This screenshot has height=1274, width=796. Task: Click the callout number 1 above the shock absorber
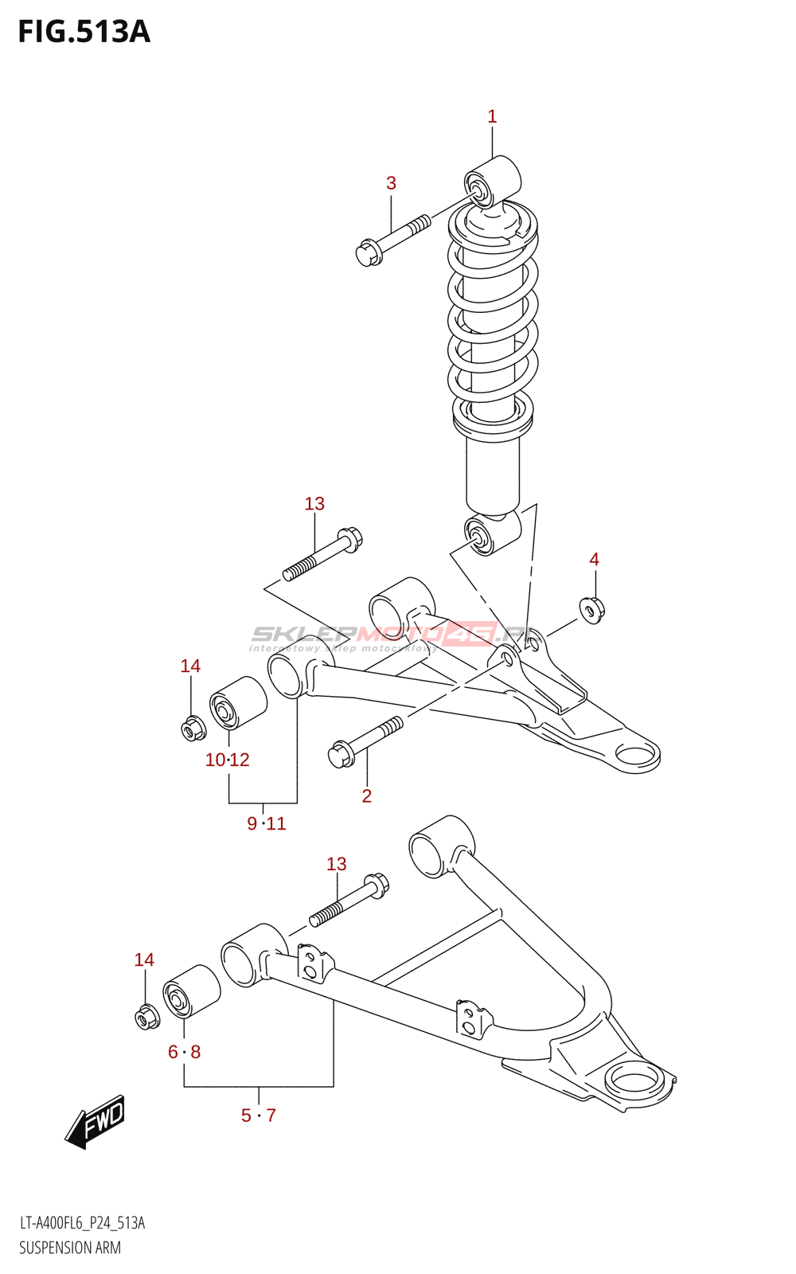pyautogui.click(x=492, y=117)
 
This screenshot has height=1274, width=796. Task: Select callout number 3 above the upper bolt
pyautogui.click(x=391, y=183)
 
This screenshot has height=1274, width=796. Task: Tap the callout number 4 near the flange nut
pyautogui.click(x=594, y=560)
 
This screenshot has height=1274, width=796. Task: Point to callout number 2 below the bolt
pyautogui.click(x=367, y=795)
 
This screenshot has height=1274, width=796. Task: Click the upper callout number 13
pyautogui.click(x=314, y=504)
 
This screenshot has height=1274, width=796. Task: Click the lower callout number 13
pyautogui.click(x=337, y=864)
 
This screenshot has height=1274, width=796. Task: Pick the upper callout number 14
pyautogui.click(x=190, y=666)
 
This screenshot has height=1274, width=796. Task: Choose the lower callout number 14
pyautogui.click(x=144, y=960)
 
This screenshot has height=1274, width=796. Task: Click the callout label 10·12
pyautogui.click(x=228, y=760)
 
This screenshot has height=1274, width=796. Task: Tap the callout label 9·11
pyautogui.click(x=267, y=823)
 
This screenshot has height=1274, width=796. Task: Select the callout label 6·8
pyautogui.click(x=185, y=1052)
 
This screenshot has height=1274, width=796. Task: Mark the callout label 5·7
pyautogui.click(x=259, y=1116)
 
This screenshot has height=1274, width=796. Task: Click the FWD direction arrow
pyautogui.click(x=96, y=1122)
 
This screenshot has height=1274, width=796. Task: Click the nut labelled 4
pyautogui.click(x=592, y=610)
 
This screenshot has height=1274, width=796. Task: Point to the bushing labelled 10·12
pyautogui.click(x=237, y=702)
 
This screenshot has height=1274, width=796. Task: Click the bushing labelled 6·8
pyautogui.click(x=191, y=991)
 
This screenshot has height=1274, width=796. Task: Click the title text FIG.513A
pyautogui.click(x=84, y=32)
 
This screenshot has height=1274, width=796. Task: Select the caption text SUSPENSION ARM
pyautogui.click(x=70, y=1248)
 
